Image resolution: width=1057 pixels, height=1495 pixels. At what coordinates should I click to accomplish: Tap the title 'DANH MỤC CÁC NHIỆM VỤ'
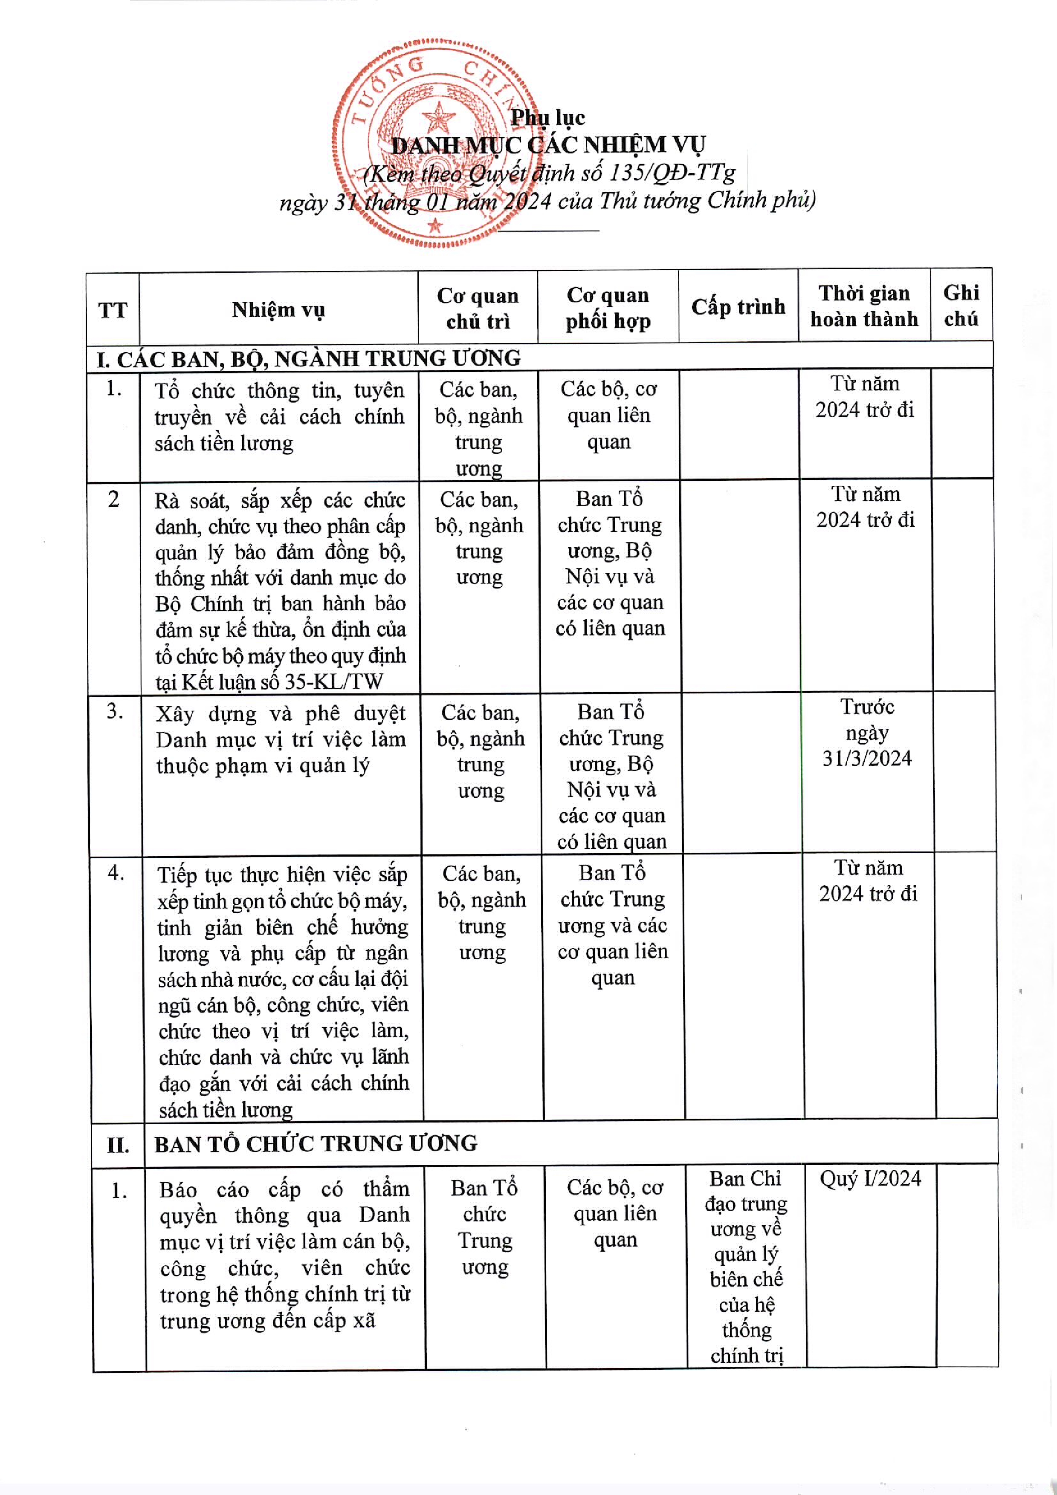(548, 144)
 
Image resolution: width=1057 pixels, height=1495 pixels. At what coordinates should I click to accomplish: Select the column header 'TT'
(113, 310)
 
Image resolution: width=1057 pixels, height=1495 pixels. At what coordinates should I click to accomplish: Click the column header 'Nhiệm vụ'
(278, 309)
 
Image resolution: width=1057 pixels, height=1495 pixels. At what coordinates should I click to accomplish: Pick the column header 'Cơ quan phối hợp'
(608, 307)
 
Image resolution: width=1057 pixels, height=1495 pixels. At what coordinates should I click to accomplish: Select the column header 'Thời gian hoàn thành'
(864, 306)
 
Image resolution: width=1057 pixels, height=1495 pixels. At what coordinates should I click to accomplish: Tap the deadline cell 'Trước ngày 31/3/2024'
(867, 733)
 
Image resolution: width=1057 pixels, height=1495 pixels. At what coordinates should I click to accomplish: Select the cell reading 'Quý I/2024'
(870, 1178)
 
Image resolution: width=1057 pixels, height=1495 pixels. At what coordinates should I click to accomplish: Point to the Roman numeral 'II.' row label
(118, 1145)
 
